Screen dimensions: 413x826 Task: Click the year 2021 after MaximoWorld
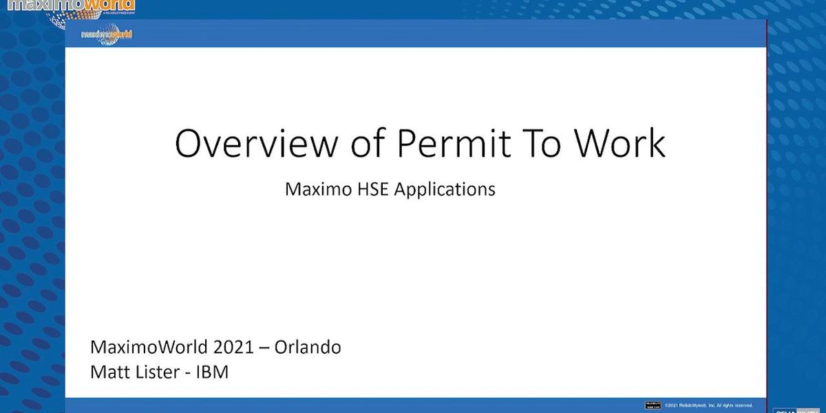click(x=231, y=347)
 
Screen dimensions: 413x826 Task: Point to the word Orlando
click(x=308, y=347)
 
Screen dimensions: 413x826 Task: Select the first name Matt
click(x=109, y=372)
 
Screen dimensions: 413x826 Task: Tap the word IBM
click(x=211, y=372)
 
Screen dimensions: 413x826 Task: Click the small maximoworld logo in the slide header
click(x=107, y=34)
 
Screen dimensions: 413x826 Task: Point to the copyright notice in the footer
click(x=708, y=405)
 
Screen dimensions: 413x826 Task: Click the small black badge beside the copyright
click(x=653, y=405)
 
